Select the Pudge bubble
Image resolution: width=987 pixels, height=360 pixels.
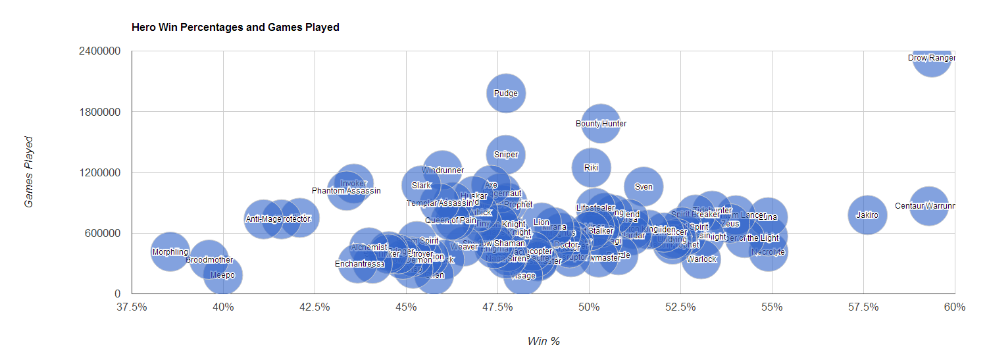pyautogui.click(x=505, y=93)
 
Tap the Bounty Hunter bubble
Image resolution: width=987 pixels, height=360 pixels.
pyautogui.click(x=601, y=123)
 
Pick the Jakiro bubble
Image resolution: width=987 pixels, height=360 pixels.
pyautogui.click(x=867, y=215)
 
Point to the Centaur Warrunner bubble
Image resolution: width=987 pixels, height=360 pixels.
pyautogui.click(x=928, y=205)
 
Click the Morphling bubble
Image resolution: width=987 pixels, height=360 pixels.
pyautogui.click(x=170, y=251)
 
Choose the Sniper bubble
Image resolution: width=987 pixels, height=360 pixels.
pyautogui.click(x=505, y=155)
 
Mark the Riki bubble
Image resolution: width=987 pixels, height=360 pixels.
pyautogui.click(x=591, y=168)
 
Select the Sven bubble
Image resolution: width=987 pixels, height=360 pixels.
pyautogui.click(x=644, y=186)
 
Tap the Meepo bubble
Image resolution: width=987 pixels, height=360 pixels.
pyautogui.click(x=222, y=275)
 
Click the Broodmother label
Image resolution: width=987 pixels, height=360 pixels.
pyautogui.click(x=209, y=260)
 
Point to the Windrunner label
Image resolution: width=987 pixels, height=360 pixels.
pyautogui.click(x=443, y=170)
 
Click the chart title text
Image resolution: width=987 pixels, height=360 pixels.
pyautogui.click(x=235, y=28)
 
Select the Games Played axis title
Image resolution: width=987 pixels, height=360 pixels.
pyautogui.click(x=28, y=172)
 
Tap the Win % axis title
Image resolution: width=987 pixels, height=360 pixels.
pyautogui.click(x=543, y=341)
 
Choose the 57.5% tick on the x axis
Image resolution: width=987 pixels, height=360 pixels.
pyautogui.click(x=863, y=307)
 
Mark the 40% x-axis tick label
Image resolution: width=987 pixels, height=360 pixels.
pyautogui.click(x=223, y=307)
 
